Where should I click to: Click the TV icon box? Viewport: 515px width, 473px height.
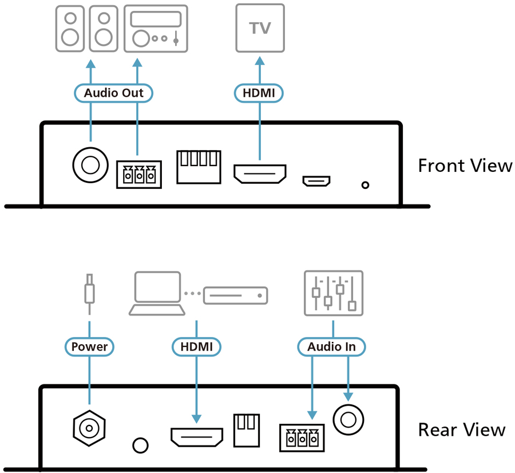pyautogui.click(x=260, y=28)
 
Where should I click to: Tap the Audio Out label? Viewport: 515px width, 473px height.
pyautogui.click(x=114, y=93)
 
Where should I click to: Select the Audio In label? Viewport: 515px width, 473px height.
pyautogui.click(x=331, y=346)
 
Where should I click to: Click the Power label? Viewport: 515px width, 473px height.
pyautogui.click(x=89, y=346)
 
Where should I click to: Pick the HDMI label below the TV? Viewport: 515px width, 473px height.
pyautogui.click(x=259, y=93)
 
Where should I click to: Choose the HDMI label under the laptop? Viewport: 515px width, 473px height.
pyautogui.click(x=196, y=346)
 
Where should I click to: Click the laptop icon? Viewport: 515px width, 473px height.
pyautogui.click(x=157, y=293)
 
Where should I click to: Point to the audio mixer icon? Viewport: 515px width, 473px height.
pyautogui.click(x=334, y=293)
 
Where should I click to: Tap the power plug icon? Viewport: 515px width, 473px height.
pyautogui.click(x=89, y=294)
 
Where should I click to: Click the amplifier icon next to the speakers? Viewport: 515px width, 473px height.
pyautogui.click(x=156, y=29)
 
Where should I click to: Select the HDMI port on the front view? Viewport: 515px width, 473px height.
pyautogui.click(x=260, y=174)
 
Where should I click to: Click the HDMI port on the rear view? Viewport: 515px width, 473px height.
pyautogui.click(x=197, y=437)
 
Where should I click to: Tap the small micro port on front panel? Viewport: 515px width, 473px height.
pyautogui.click(x=316, y=181)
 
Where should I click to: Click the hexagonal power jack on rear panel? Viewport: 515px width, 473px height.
pyautogui.click(x=89, y=428)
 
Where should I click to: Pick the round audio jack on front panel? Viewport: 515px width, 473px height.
pyautogui.click(x=90, y=165)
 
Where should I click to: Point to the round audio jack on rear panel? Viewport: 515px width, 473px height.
pyautogui.click(x=348, y=420)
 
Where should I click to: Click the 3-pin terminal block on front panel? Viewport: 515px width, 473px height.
pyautogui.click(x=139, y=175)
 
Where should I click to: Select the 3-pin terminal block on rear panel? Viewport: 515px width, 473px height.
pyautogui.click(x=302, y=438)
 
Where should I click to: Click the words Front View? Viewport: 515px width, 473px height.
pyautogui.click(x=465, y=165)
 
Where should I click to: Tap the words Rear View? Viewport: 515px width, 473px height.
pyautogui.click(x=462, y=429)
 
